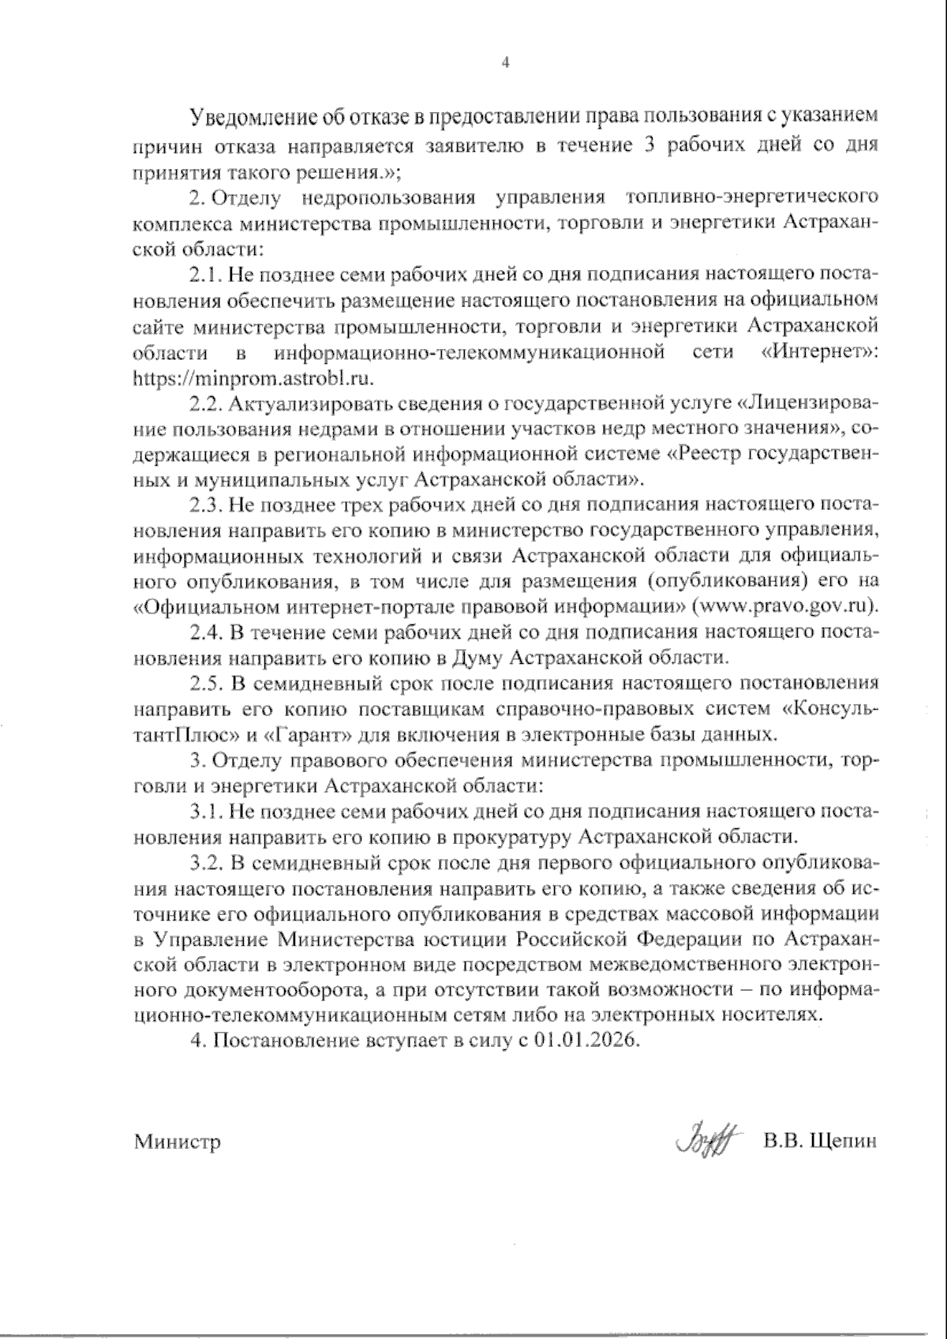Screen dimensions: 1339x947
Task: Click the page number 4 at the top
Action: pos(506,63)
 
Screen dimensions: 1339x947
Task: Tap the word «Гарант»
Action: pos(309,735)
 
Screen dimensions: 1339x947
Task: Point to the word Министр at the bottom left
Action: pos(177,1142)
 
